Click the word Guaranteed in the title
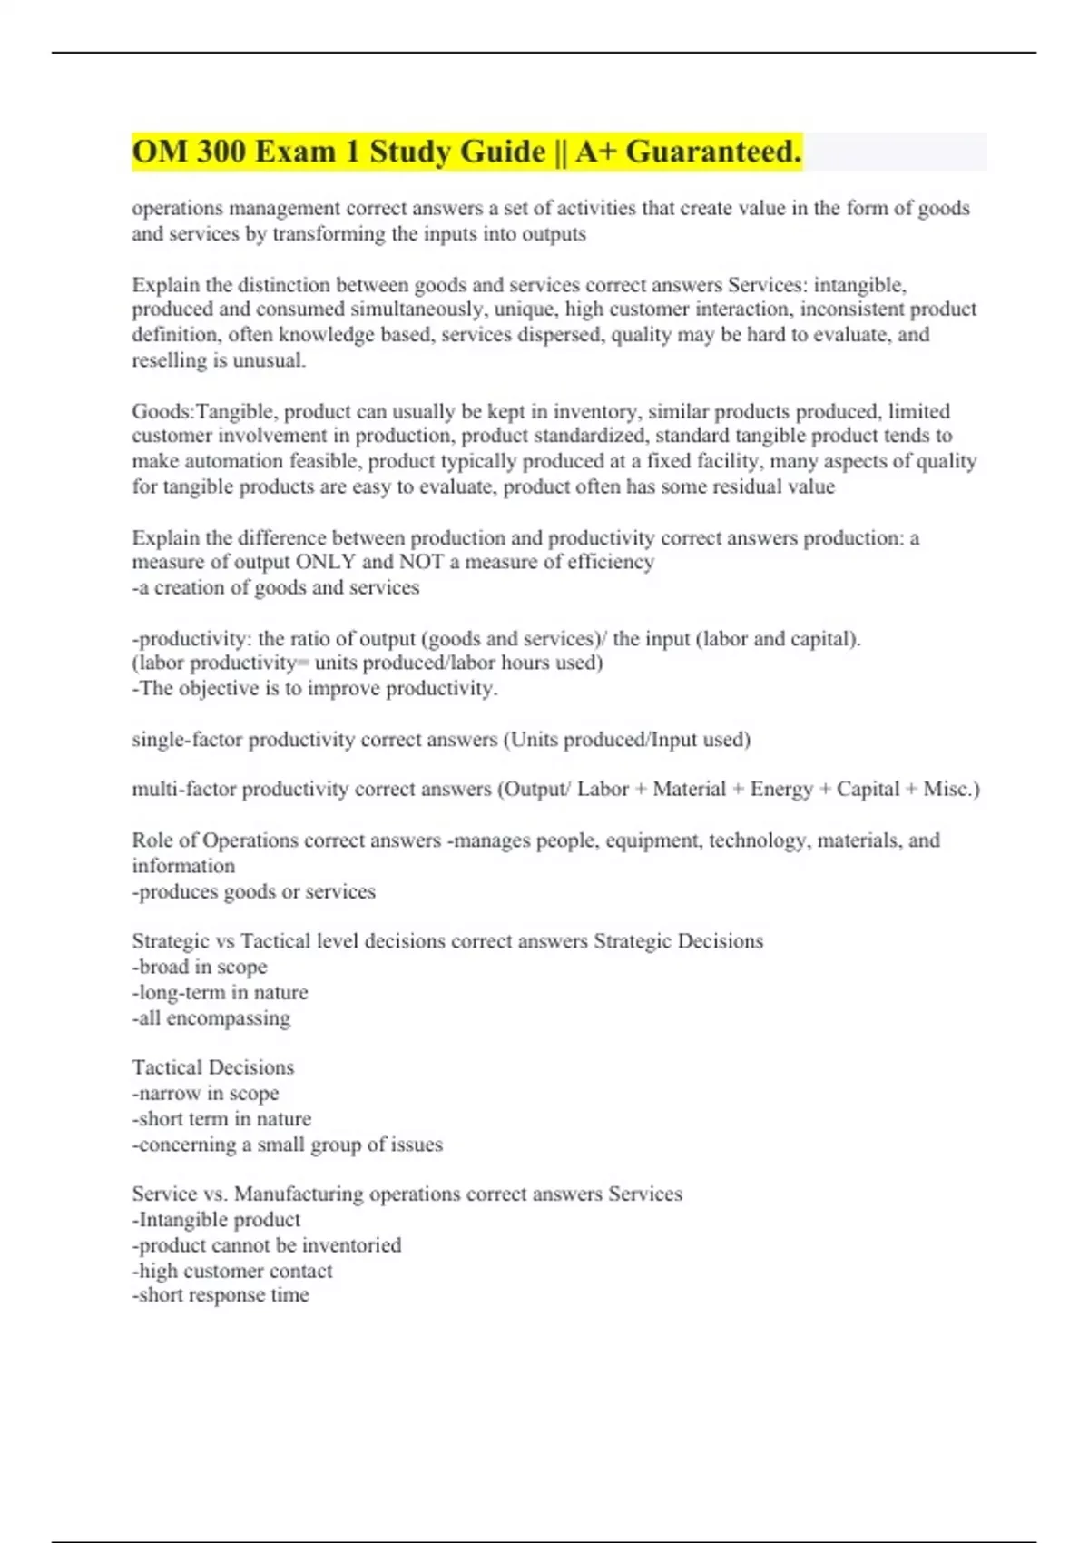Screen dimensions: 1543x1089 point(713,152)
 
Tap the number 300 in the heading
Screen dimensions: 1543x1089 point(221,152)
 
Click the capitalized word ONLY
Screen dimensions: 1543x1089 point(327,563)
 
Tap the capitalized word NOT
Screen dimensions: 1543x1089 point(421,563)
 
